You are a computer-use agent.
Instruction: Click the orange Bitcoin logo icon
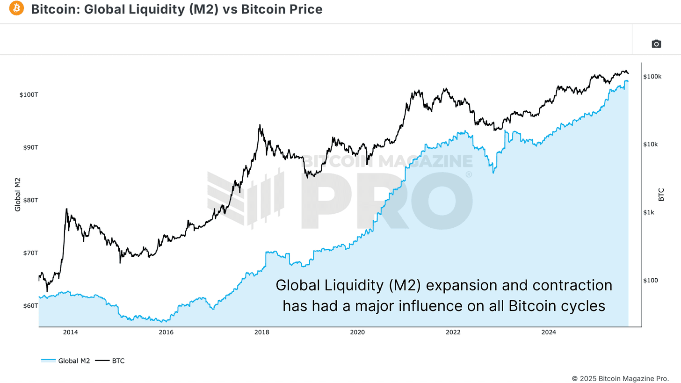tap(16, 8)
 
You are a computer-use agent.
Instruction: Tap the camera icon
tap(656, 44)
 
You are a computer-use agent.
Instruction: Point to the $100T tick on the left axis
tap(29, 95)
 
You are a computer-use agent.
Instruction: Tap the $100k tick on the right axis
tap(652, 76)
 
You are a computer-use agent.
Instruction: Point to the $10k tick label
tap(651, 145)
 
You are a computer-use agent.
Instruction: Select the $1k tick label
tap(650, 212)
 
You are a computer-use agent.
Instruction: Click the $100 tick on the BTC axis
tap(651, 281)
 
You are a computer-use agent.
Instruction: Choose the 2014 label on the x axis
tap(70, 332)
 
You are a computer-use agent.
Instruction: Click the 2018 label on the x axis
tap(261, 332)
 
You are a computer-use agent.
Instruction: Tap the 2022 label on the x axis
tap(453, 332)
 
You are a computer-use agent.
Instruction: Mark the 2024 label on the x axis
tap(548, 332)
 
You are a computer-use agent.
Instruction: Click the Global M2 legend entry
tap(65, 361)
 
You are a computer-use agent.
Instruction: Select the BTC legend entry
tap(110, 361)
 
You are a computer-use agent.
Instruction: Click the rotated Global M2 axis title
tap(18, 194)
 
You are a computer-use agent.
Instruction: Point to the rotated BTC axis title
tap(661, 194)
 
